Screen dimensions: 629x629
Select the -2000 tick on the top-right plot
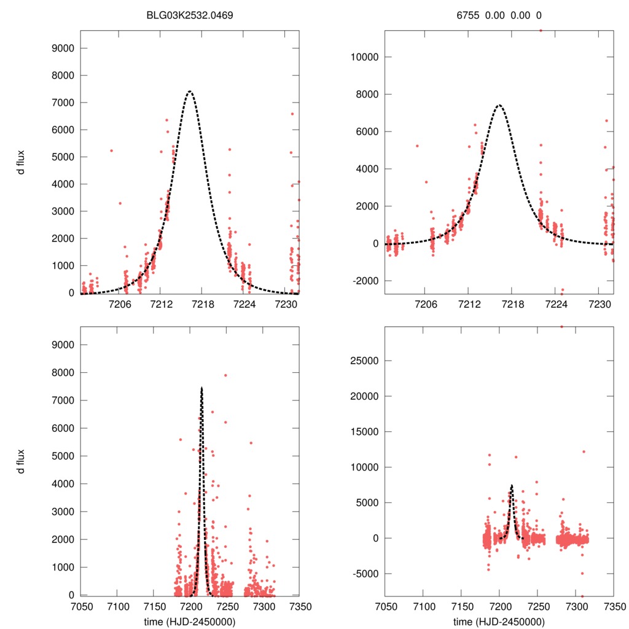362,281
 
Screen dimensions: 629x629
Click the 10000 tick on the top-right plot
362,57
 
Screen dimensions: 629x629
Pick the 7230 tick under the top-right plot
600,304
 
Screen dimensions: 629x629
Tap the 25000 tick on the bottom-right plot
362,361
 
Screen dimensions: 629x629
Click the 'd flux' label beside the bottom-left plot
21,461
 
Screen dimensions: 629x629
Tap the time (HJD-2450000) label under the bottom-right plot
499,622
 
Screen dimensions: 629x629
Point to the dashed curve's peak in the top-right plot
499,105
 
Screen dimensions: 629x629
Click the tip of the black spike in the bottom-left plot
201,388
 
